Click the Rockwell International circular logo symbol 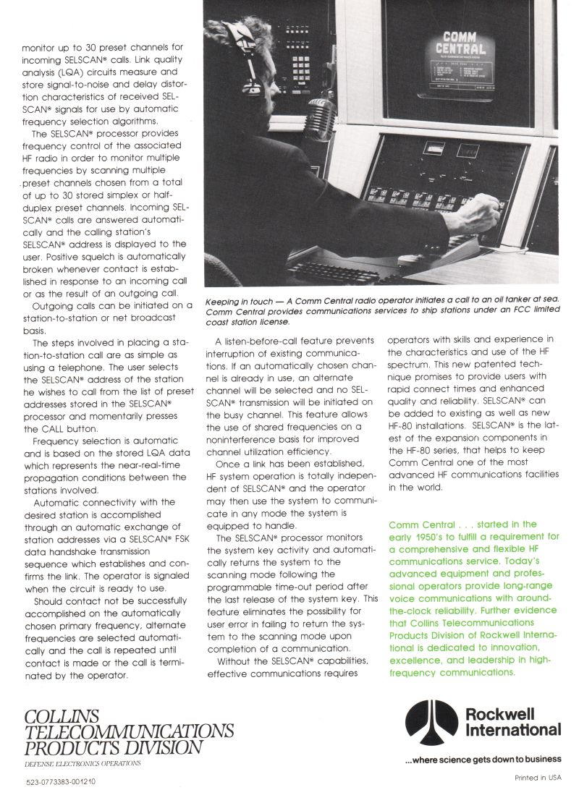(431, 723)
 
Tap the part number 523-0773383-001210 (61, 781)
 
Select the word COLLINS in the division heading (61, 716)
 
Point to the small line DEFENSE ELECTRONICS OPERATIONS (83, 763)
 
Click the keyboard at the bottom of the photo (326, 273)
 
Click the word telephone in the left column (70, 368)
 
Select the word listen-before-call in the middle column (263, 341)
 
